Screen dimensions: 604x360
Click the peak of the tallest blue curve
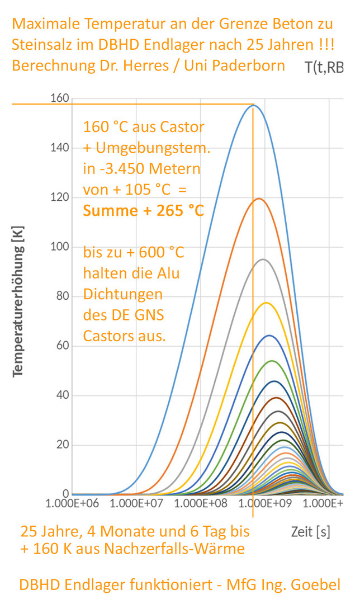click(x=253, y=105)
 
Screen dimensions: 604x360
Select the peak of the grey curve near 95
click(x=263, y=259)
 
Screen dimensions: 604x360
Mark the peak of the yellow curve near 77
click(x=266, y=303)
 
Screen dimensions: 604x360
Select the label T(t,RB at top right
click(x=324, y=68)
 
